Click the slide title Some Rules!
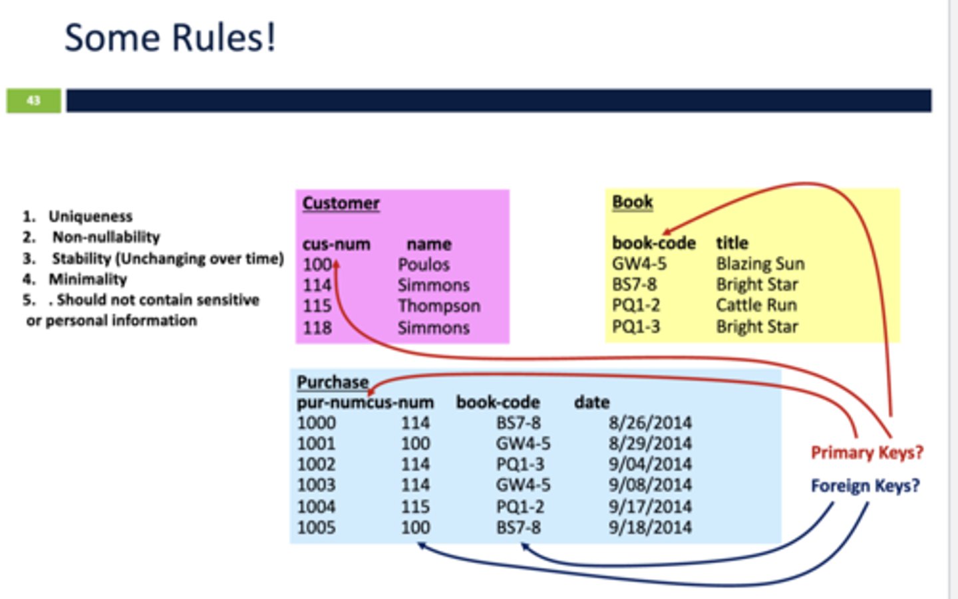coord(170,37)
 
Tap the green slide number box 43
coord(33,100)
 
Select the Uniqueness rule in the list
coord(90,216)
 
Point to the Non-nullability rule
coord(106,237)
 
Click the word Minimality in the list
coord(87,279)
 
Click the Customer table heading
coord(341,203)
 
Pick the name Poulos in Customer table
coord(423,265)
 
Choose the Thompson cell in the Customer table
coord(438,306)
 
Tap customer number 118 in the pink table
coord(317,328)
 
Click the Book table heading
coord(632,201)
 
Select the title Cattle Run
coord(756,305)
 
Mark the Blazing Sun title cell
coord(760,264)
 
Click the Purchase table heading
coord(332,382)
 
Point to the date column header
coord(591,402)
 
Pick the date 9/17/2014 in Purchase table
coord(649,507)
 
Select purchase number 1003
coord(316,485)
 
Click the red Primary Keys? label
coord(866,453)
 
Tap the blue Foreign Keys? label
coord(865,486)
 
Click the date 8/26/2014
coord(649,423)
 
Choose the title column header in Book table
coord(732,243)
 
